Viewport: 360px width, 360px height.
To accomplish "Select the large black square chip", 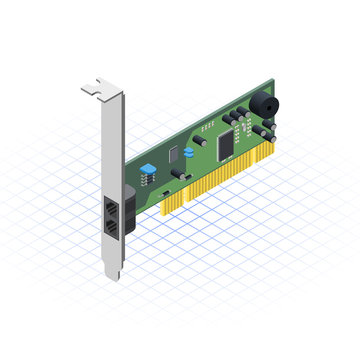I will coord(227,146).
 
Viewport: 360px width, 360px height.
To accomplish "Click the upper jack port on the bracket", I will coord(110,208).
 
